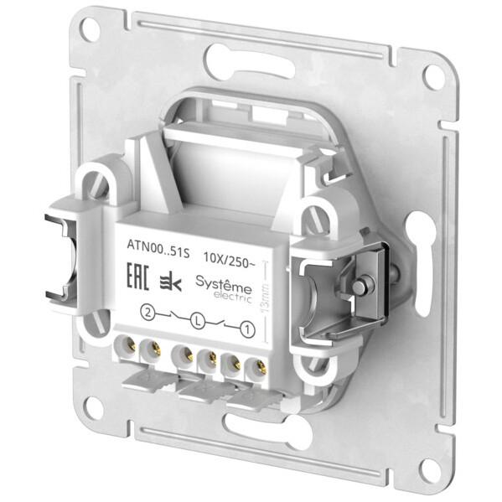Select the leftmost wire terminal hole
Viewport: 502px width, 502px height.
click(x=129, y=344)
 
